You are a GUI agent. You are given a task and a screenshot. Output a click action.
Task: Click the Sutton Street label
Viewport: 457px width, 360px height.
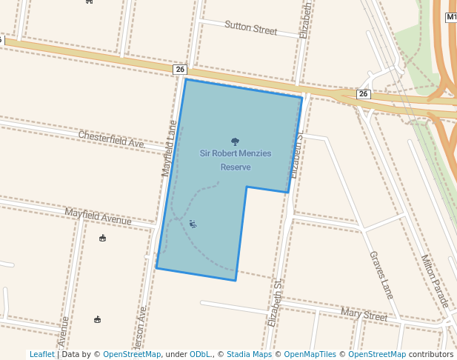click(x=250, y=29)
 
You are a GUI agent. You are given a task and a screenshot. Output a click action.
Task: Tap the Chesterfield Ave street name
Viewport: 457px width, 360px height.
click(x=111, y=139)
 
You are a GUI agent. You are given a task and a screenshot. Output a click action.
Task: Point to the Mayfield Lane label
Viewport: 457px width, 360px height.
click(x=170, y=149)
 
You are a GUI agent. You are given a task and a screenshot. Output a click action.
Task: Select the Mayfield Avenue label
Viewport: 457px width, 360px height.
click(x=98, y=216)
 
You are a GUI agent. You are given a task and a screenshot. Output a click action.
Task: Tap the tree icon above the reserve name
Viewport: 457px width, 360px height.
click(x=235, y=141)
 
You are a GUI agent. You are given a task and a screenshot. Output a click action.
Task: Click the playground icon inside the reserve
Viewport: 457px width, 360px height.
click(x=193, y=224)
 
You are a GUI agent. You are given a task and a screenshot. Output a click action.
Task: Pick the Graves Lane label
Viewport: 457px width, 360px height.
click(x=380, y=274)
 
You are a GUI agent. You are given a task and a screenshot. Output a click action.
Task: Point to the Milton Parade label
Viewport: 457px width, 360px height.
click(x=435, y=281)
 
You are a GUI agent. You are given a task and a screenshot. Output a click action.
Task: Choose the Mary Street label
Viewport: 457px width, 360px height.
click(x=364, y=315)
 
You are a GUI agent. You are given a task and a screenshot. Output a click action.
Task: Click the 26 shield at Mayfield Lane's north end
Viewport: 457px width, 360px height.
click(x=180, y=69)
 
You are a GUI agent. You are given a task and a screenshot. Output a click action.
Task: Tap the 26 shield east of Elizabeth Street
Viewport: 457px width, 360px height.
click(x=363, y=94)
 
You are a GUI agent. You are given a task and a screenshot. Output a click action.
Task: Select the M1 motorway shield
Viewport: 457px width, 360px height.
click(x=451, y=17)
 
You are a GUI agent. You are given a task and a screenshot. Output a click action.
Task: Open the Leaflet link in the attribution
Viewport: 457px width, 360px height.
click(x=41, y=355)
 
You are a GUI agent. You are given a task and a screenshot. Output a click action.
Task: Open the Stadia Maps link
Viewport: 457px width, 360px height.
click(x=249, y=355)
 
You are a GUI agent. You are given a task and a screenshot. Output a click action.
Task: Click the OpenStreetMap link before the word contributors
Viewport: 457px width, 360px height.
click(x=377, y=355)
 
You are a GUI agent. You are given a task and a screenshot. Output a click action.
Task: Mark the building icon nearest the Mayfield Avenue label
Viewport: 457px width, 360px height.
click(x=102, y=238)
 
